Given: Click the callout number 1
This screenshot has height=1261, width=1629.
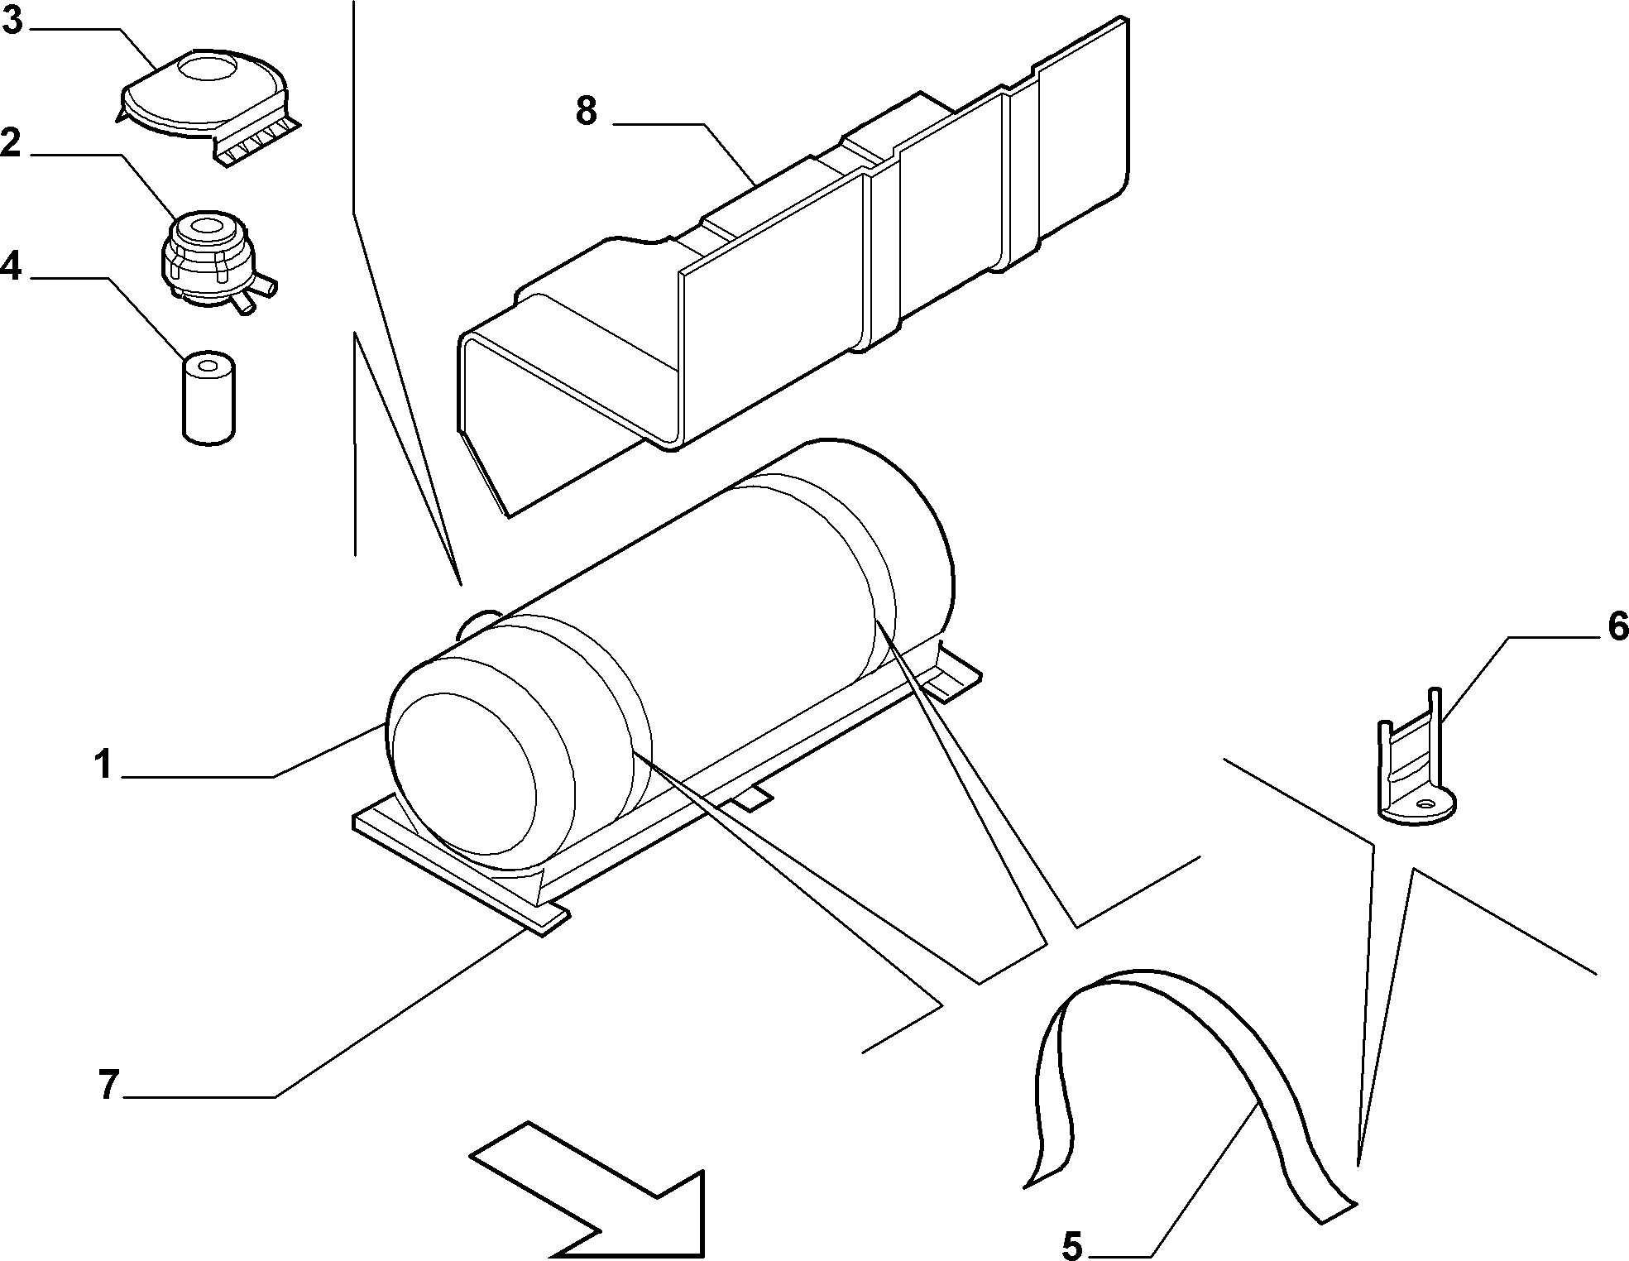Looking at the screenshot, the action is coord(102,765).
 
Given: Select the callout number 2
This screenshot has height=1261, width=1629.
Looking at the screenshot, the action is coord(12,143).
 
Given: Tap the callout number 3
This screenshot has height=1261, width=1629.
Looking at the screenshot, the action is coord(12,19).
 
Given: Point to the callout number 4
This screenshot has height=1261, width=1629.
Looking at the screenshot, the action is coord(12,266).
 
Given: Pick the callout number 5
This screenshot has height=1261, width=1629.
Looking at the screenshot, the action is coord(1071,1244).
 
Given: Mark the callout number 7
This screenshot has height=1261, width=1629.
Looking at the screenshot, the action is coord(108,1085).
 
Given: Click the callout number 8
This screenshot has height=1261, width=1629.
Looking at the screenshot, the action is coord(587,111).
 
